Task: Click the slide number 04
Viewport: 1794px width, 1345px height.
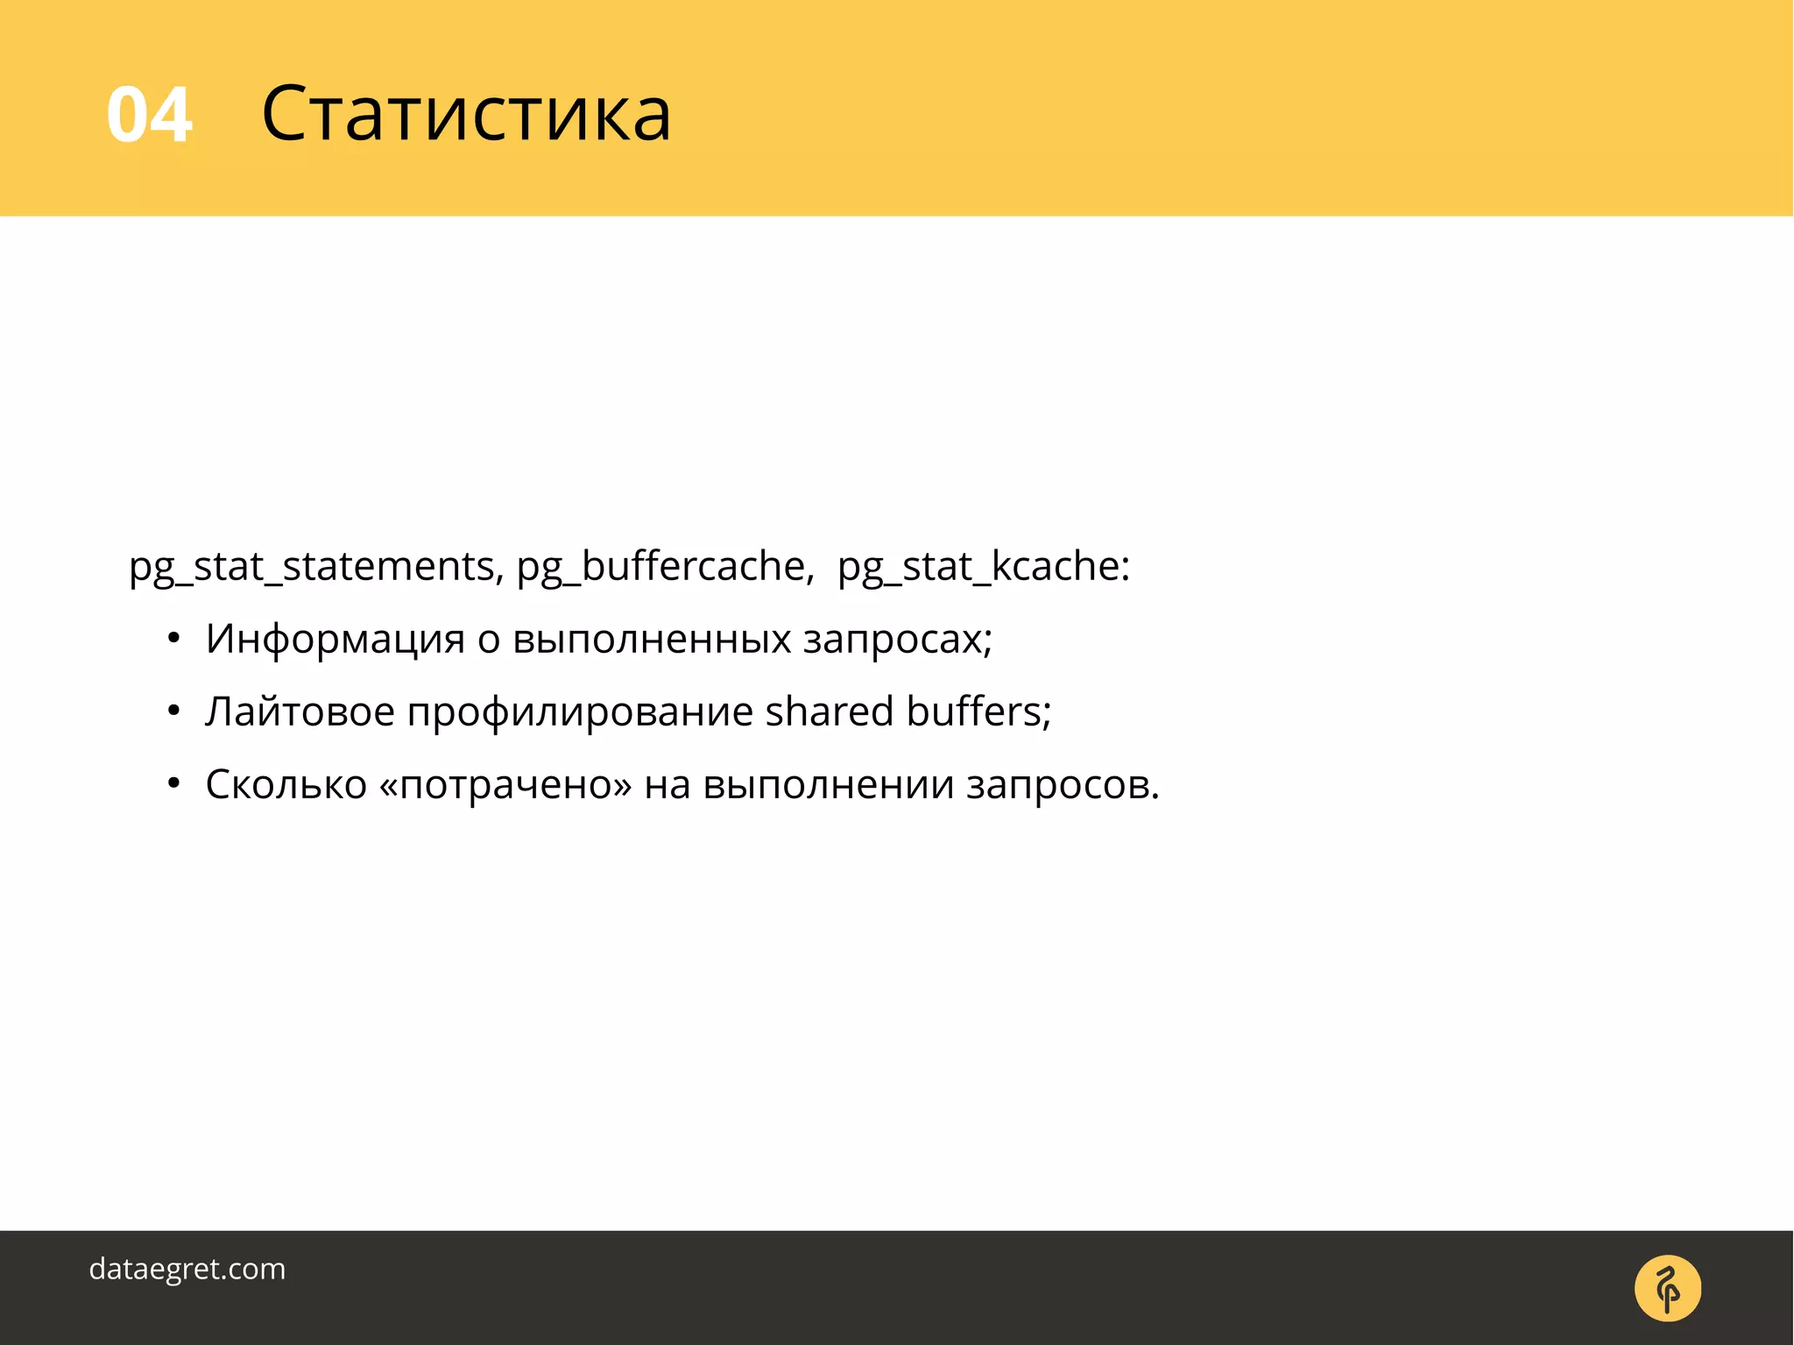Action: (149, 115)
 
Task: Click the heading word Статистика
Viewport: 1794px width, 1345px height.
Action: (466, 115)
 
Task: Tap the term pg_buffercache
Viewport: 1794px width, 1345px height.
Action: (663, 567)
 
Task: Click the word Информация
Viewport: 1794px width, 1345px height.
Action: (335, 640)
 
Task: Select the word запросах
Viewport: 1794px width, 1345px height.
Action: (895, 640)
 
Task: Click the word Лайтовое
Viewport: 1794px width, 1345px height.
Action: (300, 711)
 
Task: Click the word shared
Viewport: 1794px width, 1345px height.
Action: (829, 711)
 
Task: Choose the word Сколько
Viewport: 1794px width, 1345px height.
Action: (286, 784)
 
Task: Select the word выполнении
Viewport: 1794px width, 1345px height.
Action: (828, 786)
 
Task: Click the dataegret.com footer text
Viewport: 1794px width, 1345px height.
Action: (187, 1269)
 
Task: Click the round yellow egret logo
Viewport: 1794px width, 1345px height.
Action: (1667, 1288)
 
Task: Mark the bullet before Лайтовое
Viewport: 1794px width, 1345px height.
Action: (174, 712)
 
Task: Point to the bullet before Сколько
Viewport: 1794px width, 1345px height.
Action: (174, 785)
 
